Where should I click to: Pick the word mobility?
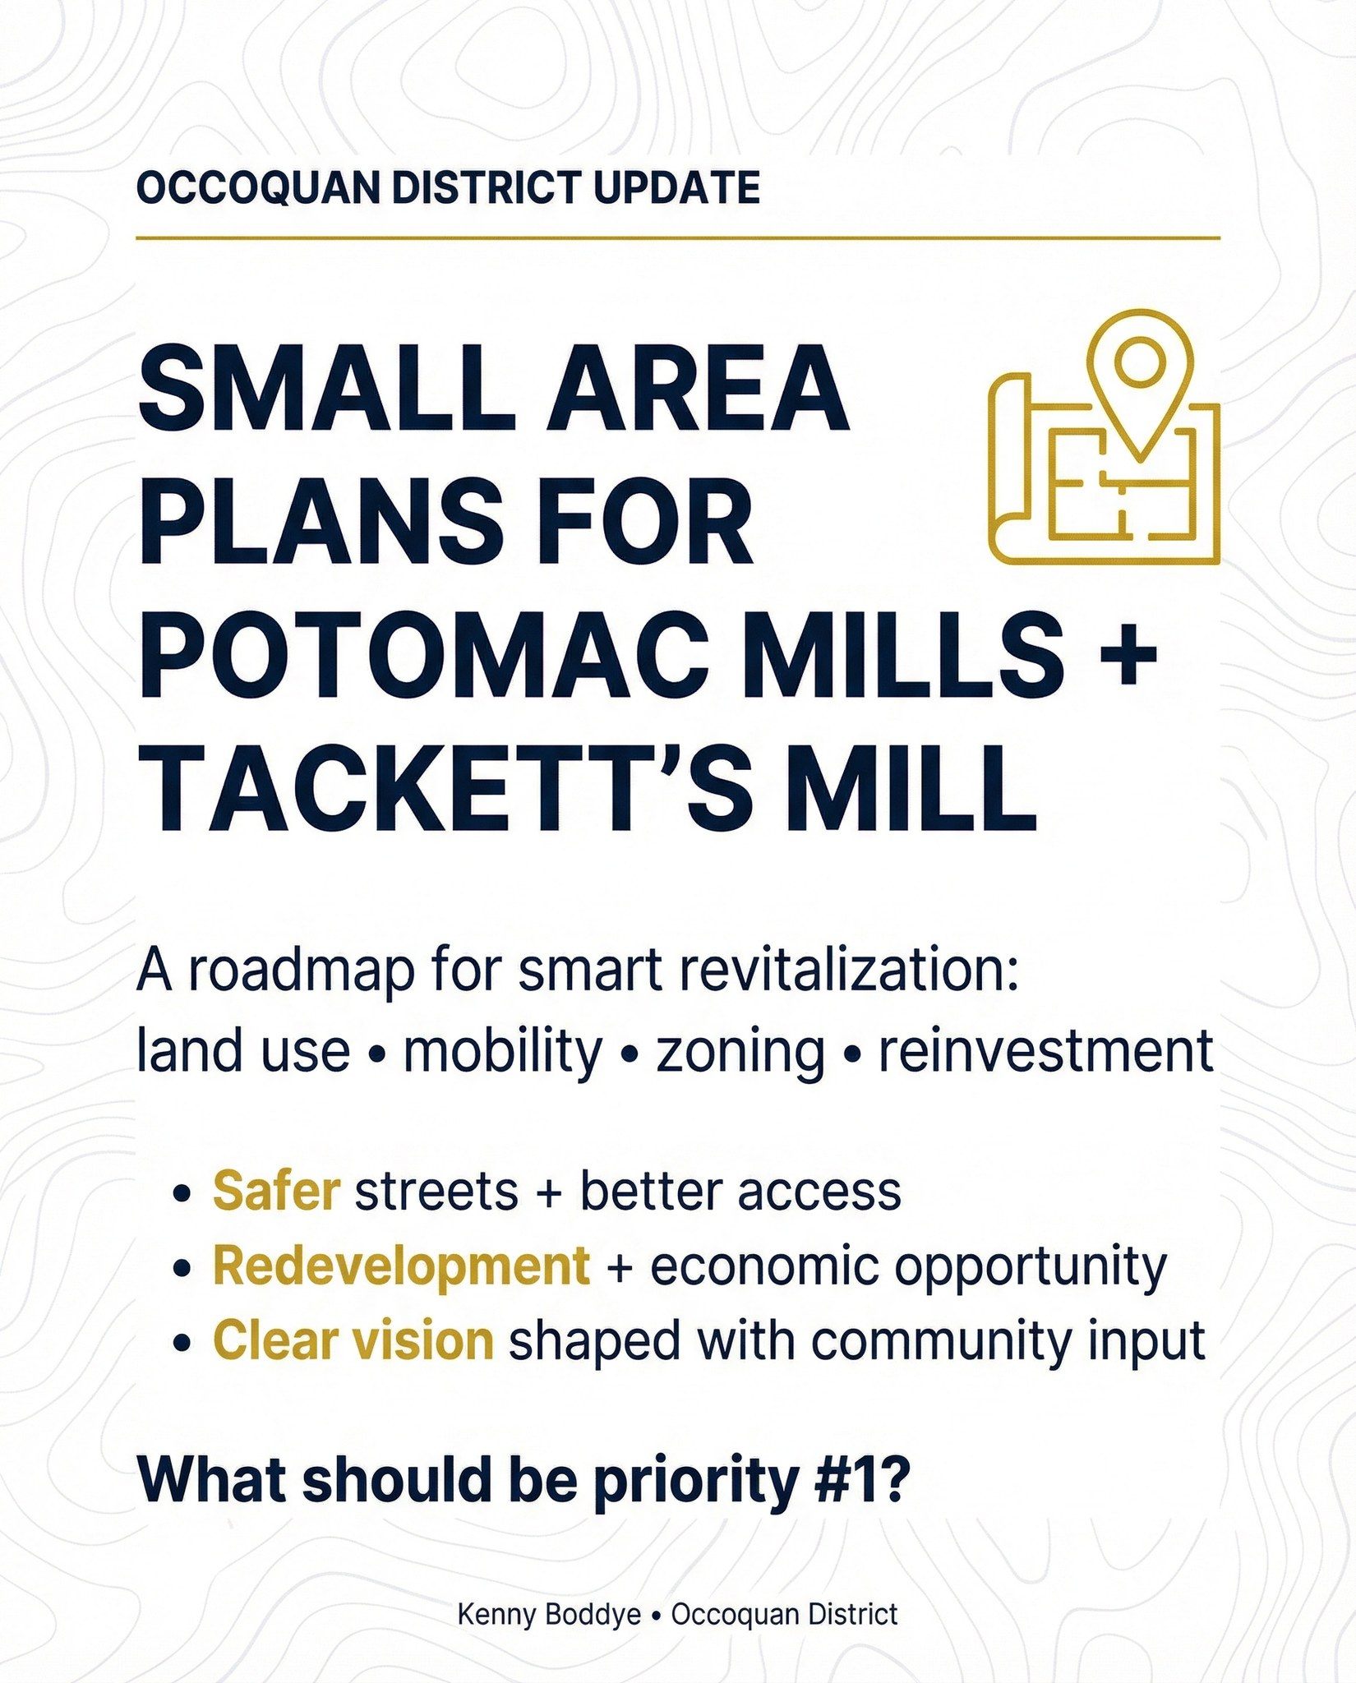tap(502, 1053)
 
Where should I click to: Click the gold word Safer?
tap(276, 1191)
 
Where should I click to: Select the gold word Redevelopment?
tap(401, 1267)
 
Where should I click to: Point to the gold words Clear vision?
tap(353, 1342)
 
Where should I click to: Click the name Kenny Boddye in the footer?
tap(549, 1616)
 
